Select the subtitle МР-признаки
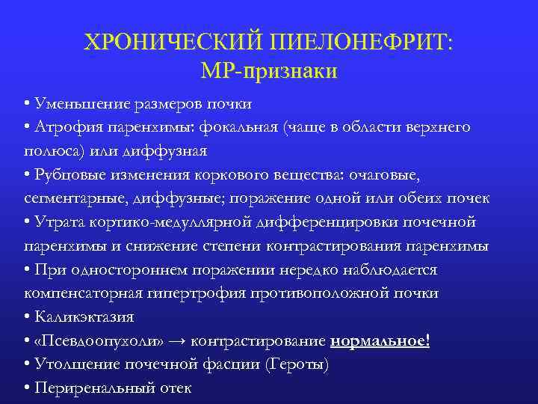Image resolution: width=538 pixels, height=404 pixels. point(269,72)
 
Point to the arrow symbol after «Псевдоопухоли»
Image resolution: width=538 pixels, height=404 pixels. point(176,342)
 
